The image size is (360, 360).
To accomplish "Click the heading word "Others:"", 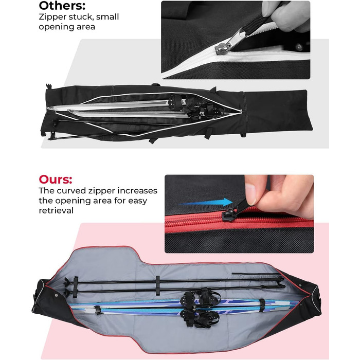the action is tap(62, 6).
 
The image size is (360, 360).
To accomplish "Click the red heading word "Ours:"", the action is tap(56, 179).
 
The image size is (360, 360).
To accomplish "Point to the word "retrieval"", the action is tap(56, 210).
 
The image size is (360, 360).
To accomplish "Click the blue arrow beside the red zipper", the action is tap(206, 203).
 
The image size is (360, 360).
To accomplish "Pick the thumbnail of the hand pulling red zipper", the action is tap(239, 214).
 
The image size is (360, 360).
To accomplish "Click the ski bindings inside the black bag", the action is tap(195, 107).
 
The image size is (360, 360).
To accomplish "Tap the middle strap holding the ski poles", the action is tap(157, 285).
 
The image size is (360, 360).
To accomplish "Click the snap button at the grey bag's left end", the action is tap(57, 295).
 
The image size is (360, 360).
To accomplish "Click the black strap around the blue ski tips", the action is tap(262, 305).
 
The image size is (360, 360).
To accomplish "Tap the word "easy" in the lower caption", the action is tap(137, 201).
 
